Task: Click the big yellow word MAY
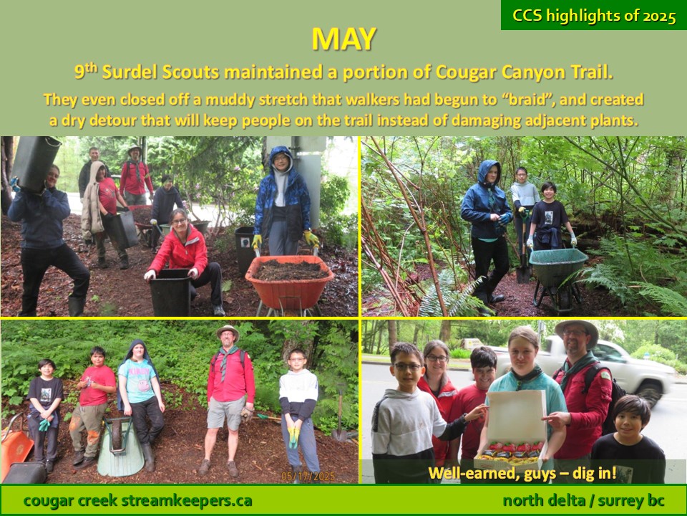click(x=344, y=39)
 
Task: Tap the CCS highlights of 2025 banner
click(x=594, y=15)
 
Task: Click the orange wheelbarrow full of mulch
click(x=289, y=283)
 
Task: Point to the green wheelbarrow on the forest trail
click(x=557, y=275)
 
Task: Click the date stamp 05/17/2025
click(x=308, y=476)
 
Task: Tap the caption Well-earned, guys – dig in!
click(x=522, y=473)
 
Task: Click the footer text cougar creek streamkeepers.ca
click(x=137, y=501)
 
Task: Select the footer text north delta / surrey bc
click(x=583, y=501)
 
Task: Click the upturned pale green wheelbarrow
click(x=120, y=446)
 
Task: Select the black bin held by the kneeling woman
click(x=170, y=292)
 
